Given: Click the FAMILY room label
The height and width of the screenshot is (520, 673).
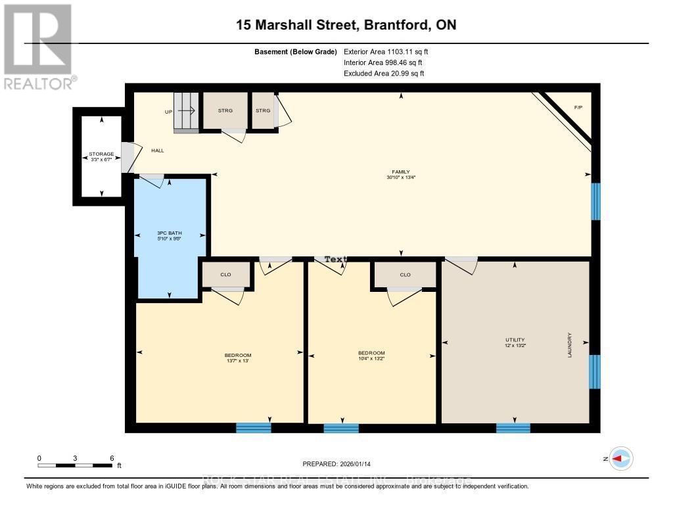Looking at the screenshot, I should click(401, 172).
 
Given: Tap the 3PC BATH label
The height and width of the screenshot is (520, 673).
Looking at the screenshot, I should click(170, 233).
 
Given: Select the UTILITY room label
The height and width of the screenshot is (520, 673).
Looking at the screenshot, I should click(515, 340).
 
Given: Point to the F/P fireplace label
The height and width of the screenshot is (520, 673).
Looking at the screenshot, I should click(578, 107).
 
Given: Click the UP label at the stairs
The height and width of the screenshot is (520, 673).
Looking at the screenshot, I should click(168, 112).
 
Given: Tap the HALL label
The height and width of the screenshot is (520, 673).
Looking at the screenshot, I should click(158, 151).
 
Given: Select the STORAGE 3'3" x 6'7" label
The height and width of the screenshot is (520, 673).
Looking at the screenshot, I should click(101, 155).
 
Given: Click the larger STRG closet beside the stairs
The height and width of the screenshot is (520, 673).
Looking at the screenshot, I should click(224, 110).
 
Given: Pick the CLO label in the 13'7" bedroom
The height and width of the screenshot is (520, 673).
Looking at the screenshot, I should click(226, 274).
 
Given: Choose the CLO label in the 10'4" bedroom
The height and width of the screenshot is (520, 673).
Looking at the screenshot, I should click(405, 275).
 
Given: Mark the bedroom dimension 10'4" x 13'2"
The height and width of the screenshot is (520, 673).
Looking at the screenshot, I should click(371, 358).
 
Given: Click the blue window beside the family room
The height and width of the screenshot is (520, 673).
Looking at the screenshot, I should click(595, 201).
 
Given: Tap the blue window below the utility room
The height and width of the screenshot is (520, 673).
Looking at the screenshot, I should click(513, 428).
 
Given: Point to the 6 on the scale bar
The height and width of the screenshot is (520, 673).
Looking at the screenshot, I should click(112, 458).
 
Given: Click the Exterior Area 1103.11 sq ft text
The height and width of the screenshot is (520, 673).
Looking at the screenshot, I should click(386, 51).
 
